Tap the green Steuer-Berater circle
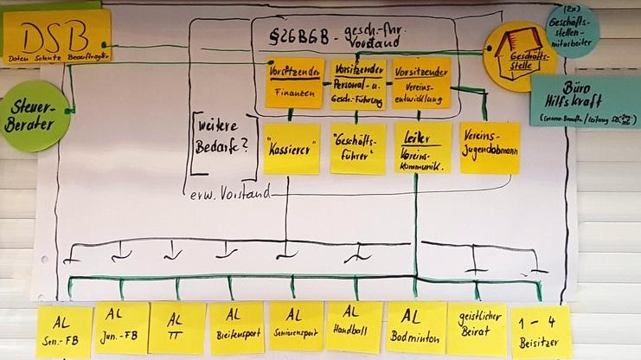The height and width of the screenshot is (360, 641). click(x=35, y=117)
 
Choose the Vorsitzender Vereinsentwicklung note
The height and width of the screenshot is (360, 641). click(x=421, y=82)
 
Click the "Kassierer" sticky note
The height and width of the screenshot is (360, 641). click(x=292, y=148)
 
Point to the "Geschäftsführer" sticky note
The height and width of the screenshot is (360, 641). click(x=357, y=148)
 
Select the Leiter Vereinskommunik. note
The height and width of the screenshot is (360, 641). click(x=422, y=147)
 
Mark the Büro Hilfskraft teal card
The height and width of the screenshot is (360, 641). click(x=586, y=101)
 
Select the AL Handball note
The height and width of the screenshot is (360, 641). click(x=354, y=326)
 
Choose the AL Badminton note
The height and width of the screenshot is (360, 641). click(x=414, y=327)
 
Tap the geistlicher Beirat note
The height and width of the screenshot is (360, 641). click(x=476, y=329)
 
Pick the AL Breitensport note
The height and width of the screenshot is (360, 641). click(x=236, y=327)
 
